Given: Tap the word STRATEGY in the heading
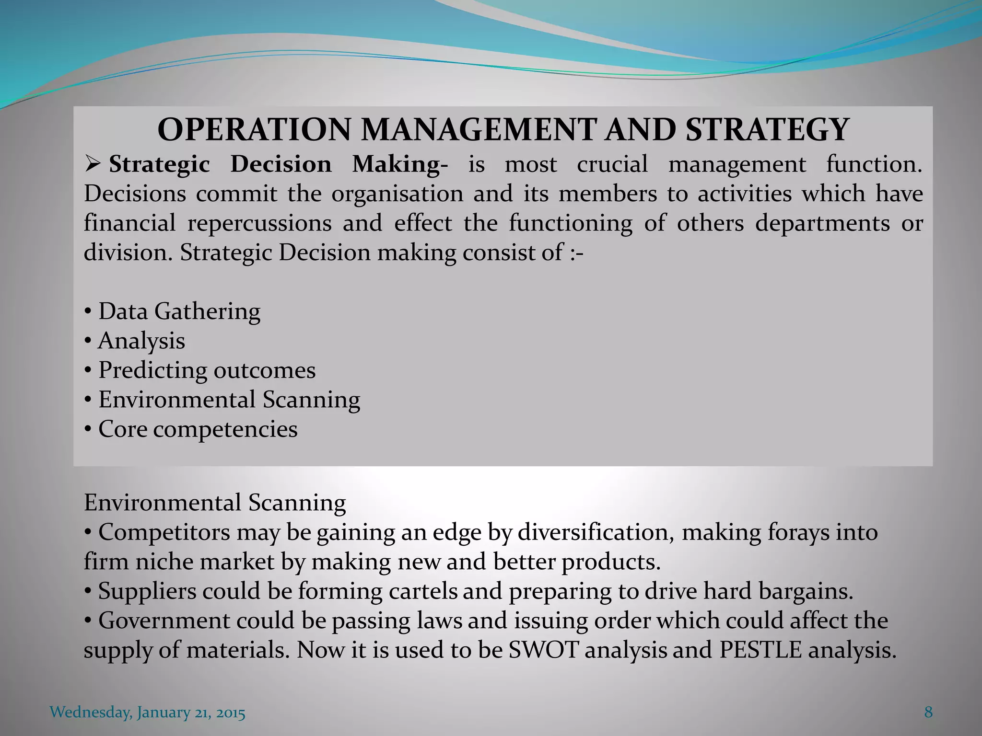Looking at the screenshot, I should pyautogui.click(x=766, y=130).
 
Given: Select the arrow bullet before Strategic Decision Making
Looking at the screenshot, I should pyautogui.click(x=91, y=165).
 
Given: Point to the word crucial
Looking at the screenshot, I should pyautogui.click(x=612, y=164).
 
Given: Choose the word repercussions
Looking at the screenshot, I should pyautogui.click(x=259, y=223).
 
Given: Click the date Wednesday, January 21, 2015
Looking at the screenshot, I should pyautogui.click(x=148, y=713).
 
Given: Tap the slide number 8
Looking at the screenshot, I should pyautogui.click(x=928, y=713).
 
